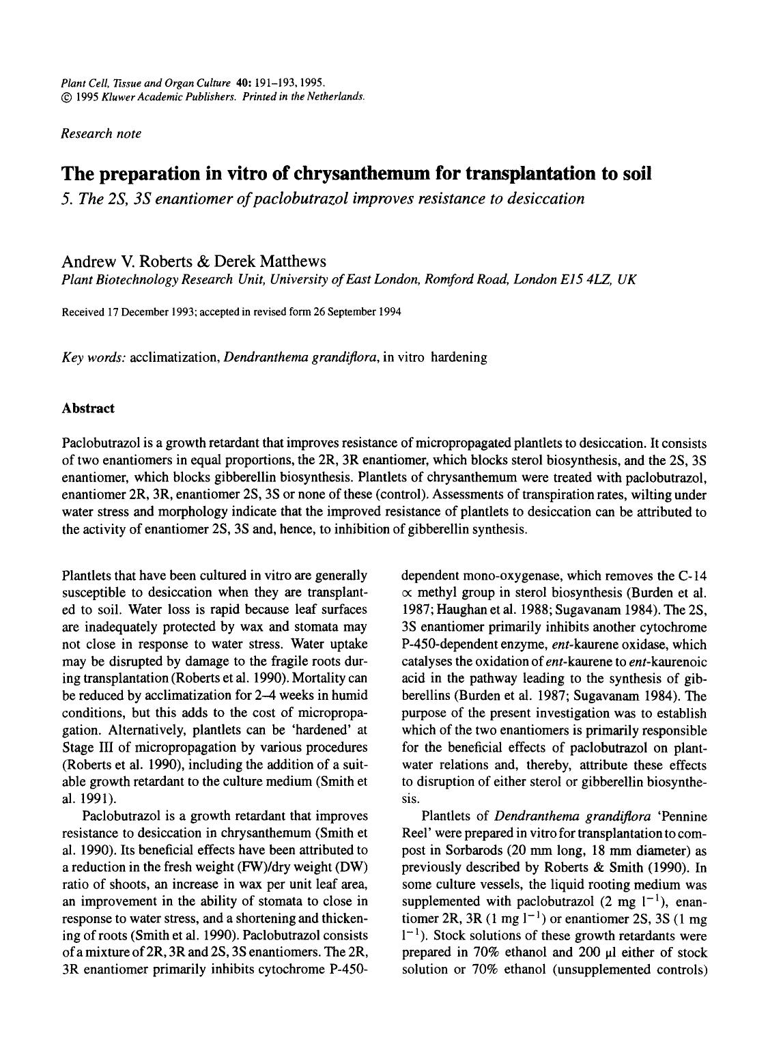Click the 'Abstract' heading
tap(88, 408)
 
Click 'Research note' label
tap(101, 134)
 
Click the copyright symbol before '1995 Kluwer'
tap(66, 96)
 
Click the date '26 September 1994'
tap(358, 313)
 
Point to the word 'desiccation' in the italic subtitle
tap(545, 199)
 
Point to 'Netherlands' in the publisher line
tap(338, 96)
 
